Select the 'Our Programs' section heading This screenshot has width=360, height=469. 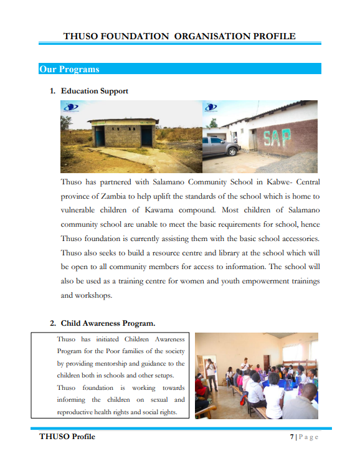click(x=69, y=69)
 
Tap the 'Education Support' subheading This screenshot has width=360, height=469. click(x=94, y=91)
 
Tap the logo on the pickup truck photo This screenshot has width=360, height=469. click(x=212, y=107)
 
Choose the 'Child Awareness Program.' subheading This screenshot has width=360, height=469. click(x=108, y=323)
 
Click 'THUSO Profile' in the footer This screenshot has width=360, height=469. click(x=67, y=437)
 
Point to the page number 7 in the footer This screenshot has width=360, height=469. click(x=291, y=437)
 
